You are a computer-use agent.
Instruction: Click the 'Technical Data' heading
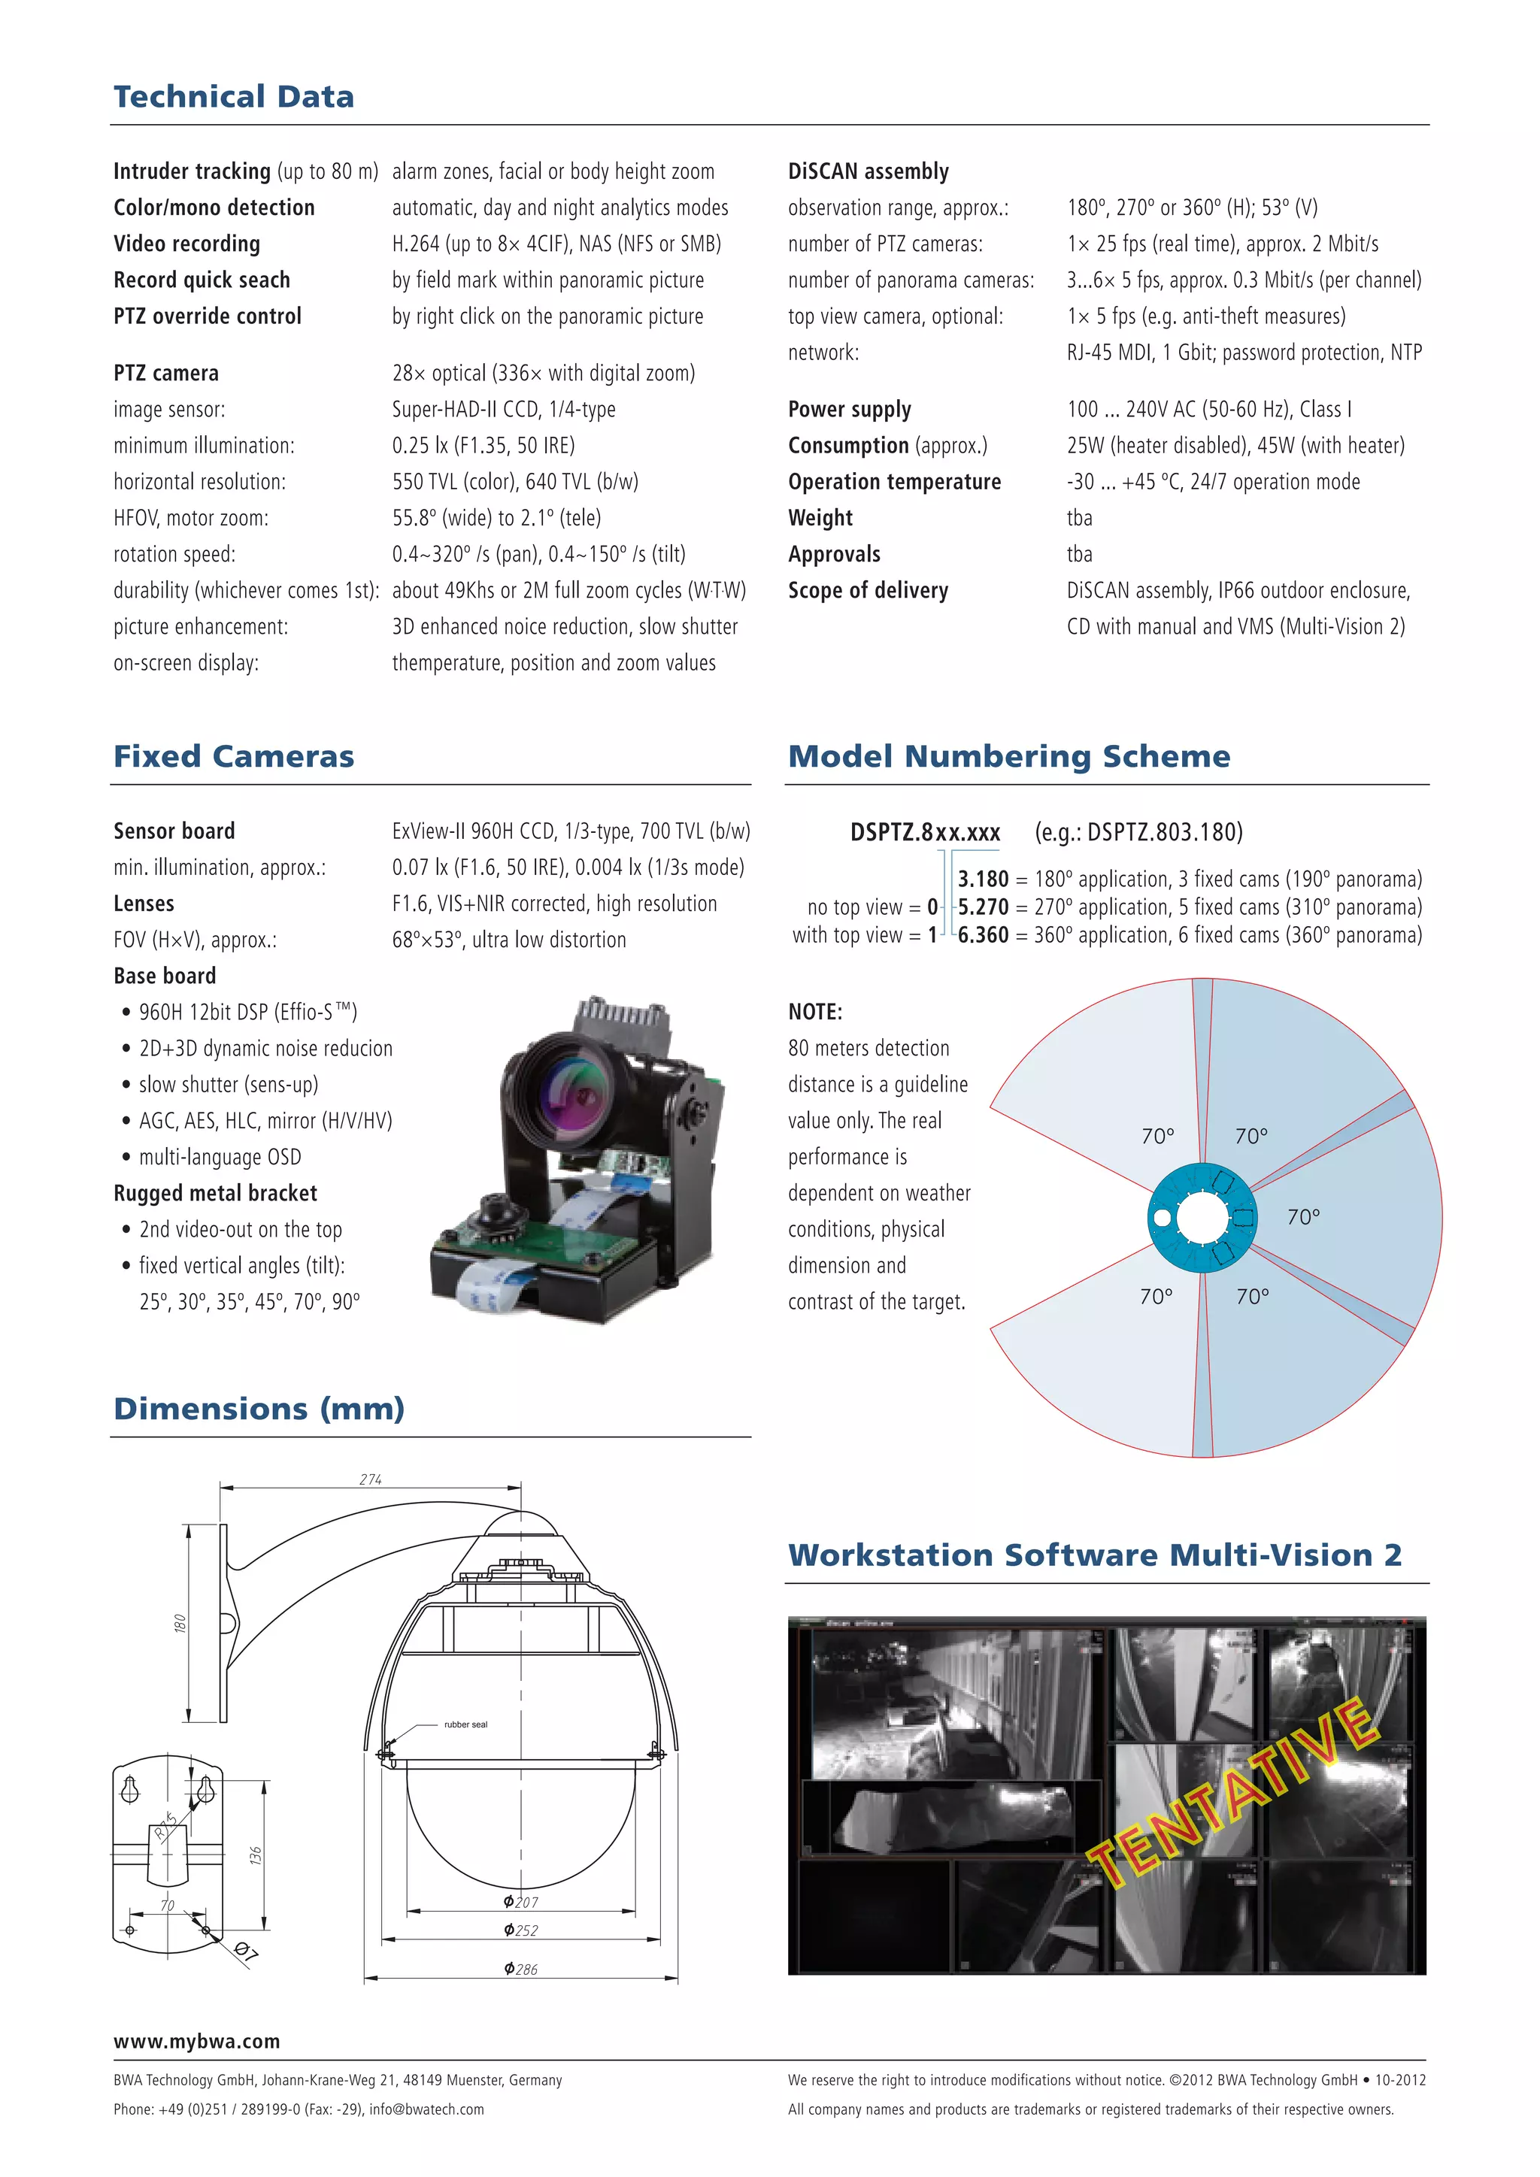(233, 97)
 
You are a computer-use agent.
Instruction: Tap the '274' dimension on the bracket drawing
(371, 1479)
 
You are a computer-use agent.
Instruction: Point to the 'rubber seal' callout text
(465, 1724)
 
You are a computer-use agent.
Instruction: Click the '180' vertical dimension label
(179, 1623)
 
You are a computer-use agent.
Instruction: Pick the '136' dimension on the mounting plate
(255, 1855)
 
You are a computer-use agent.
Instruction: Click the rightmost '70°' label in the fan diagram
(1303, 1216)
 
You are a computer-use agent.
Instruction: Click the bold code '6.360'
(984, 935)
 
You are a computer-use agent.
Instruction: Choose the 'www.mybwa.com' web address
(196, 2040)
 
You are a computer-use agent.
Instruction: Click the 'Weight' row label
(820, 518)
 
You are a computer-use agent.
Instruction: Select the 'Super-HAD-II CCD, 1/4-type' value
(504, 410)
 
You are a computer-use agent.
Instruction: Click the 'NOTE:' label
(814, 1012)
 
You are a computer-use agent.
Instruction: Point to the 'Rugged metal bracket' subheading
(215, 1193)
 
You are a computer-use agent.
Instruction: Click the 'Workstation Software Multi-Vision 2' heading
(1094, 1555)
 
